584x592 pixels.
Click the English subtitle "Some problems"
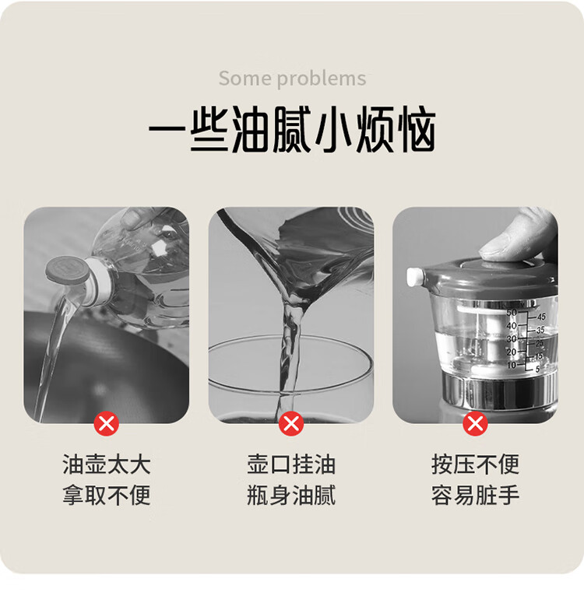292,79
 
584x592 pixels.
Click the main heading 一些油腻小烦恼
292,129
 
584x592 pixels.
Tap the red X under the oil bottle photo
107,424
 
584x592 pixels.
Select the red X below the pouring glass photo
291,424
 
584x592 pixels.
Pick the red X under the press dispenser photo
476,424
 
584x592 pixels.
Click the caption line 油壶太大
107,464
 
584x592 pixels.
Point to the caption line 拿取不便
107,495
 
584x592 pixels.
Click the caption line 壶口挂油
291,464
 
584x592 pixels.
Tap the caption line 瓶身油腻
291,495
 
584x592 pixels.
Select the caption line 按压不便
476,464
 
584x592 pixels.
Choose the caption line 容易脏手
476,495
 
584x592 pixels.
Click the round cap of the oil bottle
67,271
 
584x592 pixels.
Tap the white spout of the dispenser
415,277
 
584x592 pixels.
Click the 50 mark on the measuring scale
511,313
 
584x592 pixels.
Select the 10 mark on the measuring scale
511,365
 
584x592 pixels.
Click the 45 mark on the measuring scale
541,317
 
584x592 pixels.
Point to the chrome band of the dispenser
499,391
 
